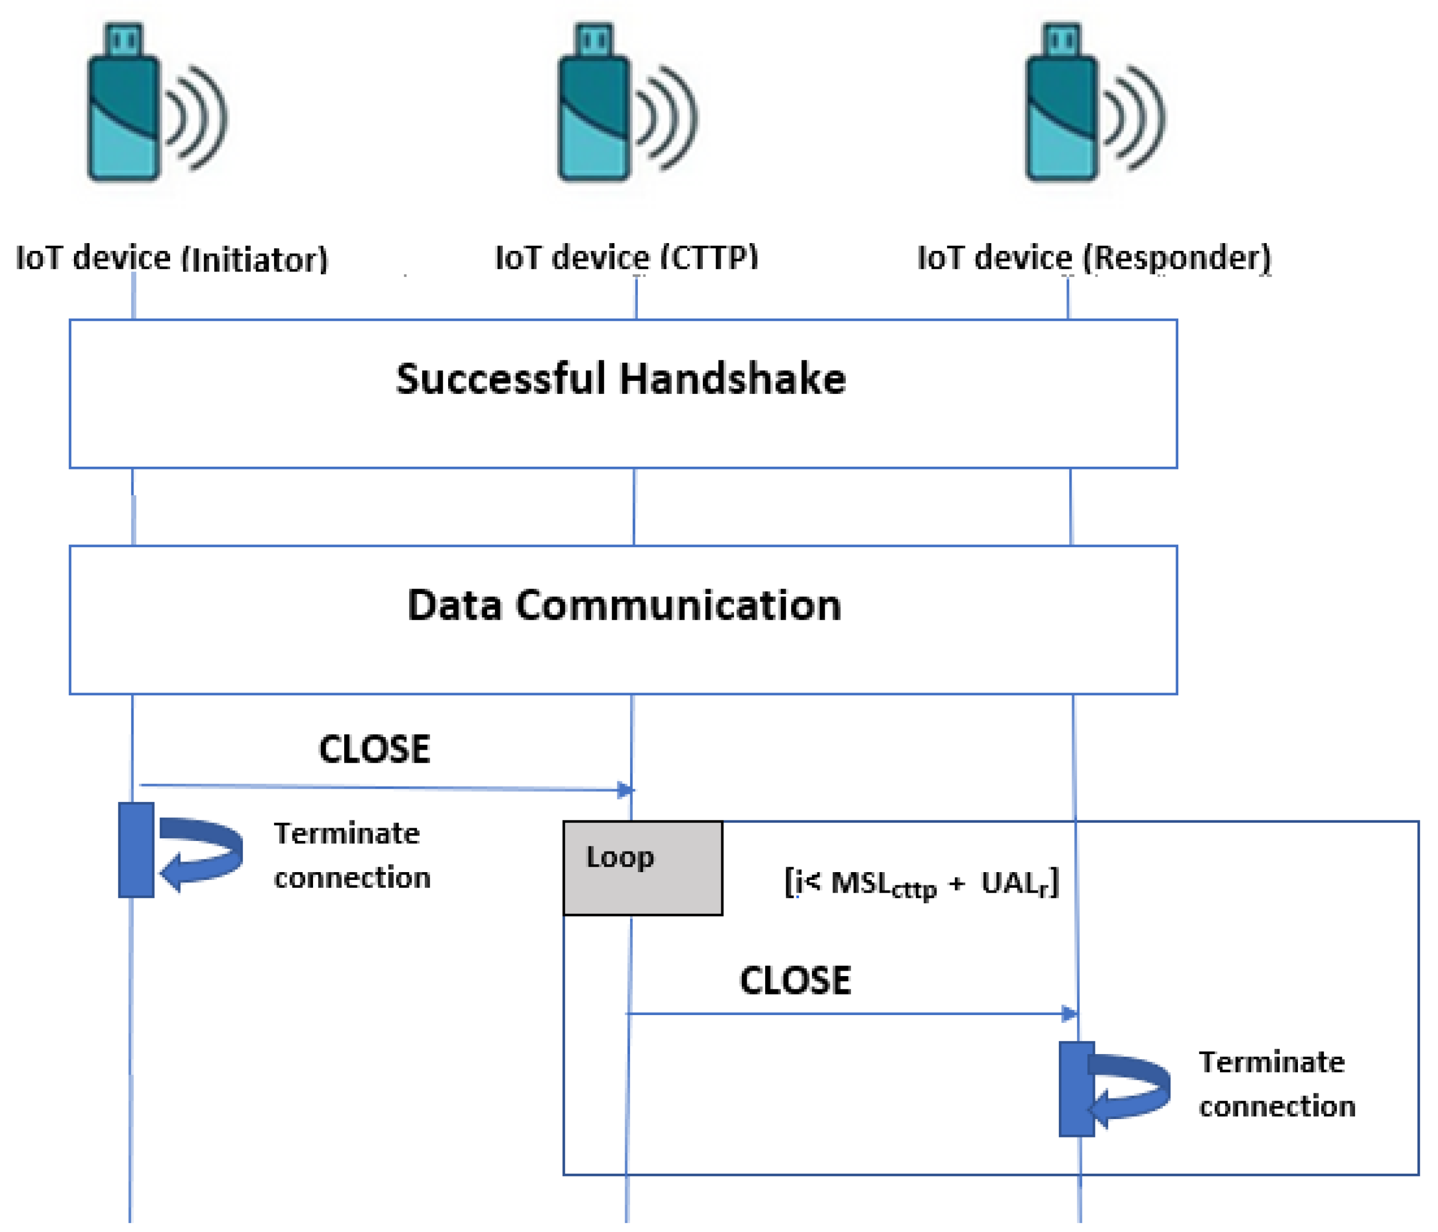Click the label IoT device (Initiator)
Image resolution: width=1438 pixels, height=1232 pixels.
click(x=171, y=258)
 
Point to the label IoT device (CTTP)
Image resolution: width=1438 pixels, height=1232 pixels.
click(x=626, y=258)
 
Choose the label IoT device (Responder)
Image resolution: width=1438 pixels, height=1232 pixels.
click(x=1094, y=258)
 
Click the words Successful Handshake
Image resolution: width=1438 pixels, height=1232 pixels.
click(x=621, y=379)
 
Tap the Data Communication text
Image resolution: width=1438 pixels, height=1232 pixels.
click(x=624, y=605)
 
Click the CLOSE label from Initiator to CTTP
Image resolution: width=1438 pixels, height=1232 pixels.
click(x=374, y=750)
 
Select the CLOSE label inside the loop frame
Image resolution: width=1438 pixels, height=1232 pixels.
click(x=795, y=981)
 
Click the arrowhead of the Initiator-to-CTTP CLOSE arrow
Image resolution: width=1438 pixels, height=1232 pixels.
click(x=626, y=790)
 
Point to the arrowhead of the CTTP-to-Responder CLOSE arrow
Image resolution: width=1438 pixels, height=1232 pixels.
click(x=1070, y=1014)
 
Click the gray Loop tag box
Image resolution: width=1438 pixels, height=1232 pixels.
click(x=643, y=868)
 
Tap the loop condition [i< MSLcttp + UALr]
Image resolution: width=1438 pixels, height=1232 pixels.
click(x=921, y=884)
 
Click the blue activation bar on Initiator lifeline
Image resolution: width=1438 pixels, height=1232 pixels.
click(x=136, y=850)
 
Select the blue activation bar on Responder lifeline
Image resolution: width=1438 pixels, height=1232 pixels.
click(x=1077, y=1089)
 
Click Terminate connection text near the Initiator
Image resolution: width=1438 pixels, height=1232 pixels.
click(x=352, y=855)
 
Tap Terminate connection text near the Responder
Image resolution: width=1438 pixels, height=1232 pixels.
click(x=1276, y=1084)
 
